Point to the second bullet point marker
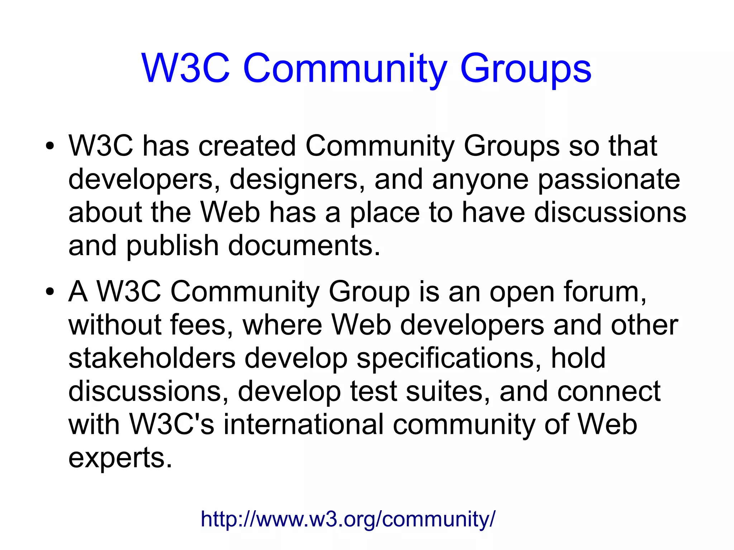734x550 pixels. click(x=50, y=292)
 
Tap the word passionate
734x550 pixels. click(x=609, y=179)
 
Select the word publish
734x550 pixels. click(x=172, y=246)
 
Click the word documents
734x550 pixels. click(x=304, y=246)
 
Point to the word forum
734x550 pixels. click(x=605, y=292)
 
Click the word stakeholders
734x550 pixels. click(x=152, y=358)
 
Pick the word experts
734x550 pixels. click(x=120, y=458)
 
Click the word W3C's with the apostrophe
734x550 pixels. click(x=172, y=425)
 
